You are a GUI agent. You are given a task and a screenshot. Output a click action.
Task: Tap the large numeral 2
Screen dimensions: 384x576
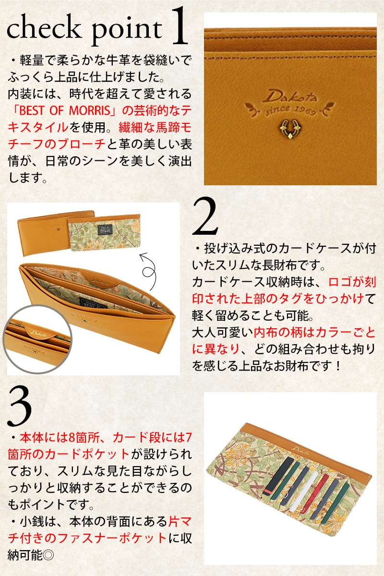pyautogui.click(x=205, y=216)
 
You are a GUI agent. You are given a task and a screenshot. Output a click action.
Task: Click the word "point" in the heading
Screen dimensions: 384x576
pyautogui.click(x=127, y=32)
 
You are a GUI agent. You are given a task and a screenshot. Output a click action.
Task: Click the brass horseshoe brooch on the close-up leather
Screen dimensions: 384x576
pyautogui.click(x=289, y=129)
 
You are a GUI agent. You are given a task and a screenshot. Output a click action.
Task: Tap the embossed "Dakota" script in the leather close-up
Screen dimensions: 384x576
pyautogui.click(x=289, y=96)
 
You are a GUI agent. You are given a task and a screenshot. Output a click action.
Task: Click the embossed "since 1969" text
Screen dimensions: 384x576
pyautogui.click(x=290, y=110)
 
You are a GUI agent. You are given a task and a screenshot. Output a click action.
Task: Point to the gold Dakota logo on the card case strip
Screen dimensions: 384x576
pyautogui.click(x=299, y=449)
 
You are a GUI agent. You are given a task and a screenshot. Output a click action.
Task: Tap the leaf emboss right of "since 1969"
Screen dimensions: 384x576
pyautogui.click(x=327, y=108)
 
